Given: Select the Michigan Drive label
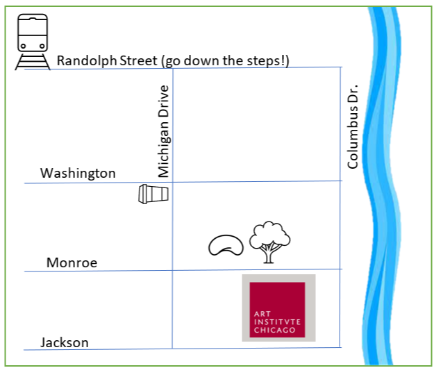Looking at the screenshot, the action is (164, 131).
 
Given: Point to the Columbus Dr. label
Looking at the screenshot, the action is (353, 128).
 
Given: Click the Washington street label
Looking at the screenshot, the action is (78, 173).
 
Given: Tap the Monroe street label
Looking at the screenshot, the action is (72, 262).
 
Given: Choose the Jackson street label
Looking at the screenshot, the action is (65, 342).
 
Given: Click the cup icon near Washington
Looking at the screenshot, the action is (153, 194).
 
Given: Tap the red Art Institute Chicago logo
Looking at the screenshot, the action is (278, 308).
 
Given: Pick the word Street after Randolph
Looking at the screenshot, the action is (135, 61).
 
